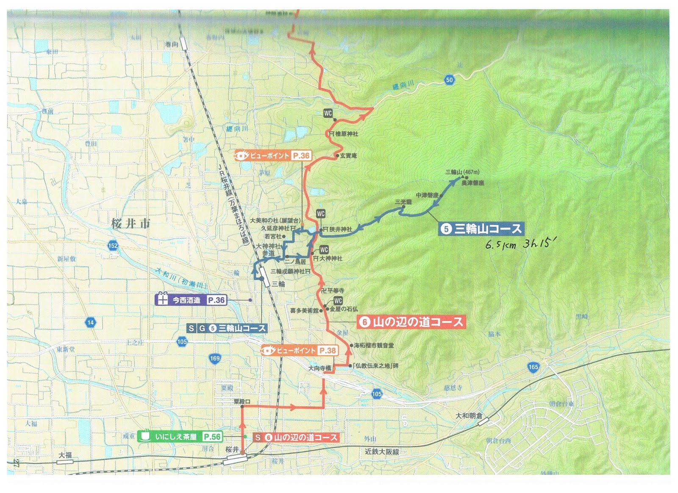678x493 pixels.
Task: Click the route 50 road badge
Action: pyautogui.click(x=449, y=80)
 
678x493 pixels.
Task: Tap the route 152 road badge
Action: pyautogui.click(x=113, y=245)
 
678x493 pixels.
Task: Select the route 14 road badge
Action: pyautogui.click(x=90, y=322)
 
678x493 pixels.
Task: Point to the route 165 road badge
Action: pyautogui.click(x=533, y=367)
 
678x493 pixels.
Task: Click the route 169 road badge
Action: pyautogui.click(x=215, y=359)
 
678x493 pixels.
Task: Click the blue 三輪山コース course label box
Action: pyautogui.click(x=481, y=229)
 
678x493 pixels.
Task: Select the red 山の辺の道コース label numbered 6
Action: pyautogui.click(x=411, y=322)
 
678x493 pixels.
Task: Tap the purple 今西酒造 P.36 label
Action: pyautogui.click(x=192, y=300)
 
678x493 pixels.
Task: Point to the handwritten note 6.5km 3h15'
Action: pyautogui.click(x=520, y=244)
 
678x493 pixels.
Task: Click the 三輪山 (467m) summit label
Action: pyautogui.click(x=462, y=172)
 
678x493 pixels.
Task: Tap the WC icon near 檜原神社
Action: pyautogui.click(x=328, y=113)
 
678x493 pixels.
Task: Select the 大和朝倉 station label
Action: pyautogui.click(x=469, y=416)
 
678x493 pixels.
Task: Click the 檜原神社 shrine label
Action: pyautogui.click(x=346, y=134)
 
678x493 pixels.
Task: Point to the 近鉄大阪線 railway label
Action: pyautogui.click(x=382, y=452)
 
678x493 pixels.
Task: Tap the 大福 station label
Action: pyautogui.click(x=65, y=455)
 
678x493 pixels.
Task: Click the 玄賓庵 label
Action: pyautogui.click(x=348, y=156)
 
